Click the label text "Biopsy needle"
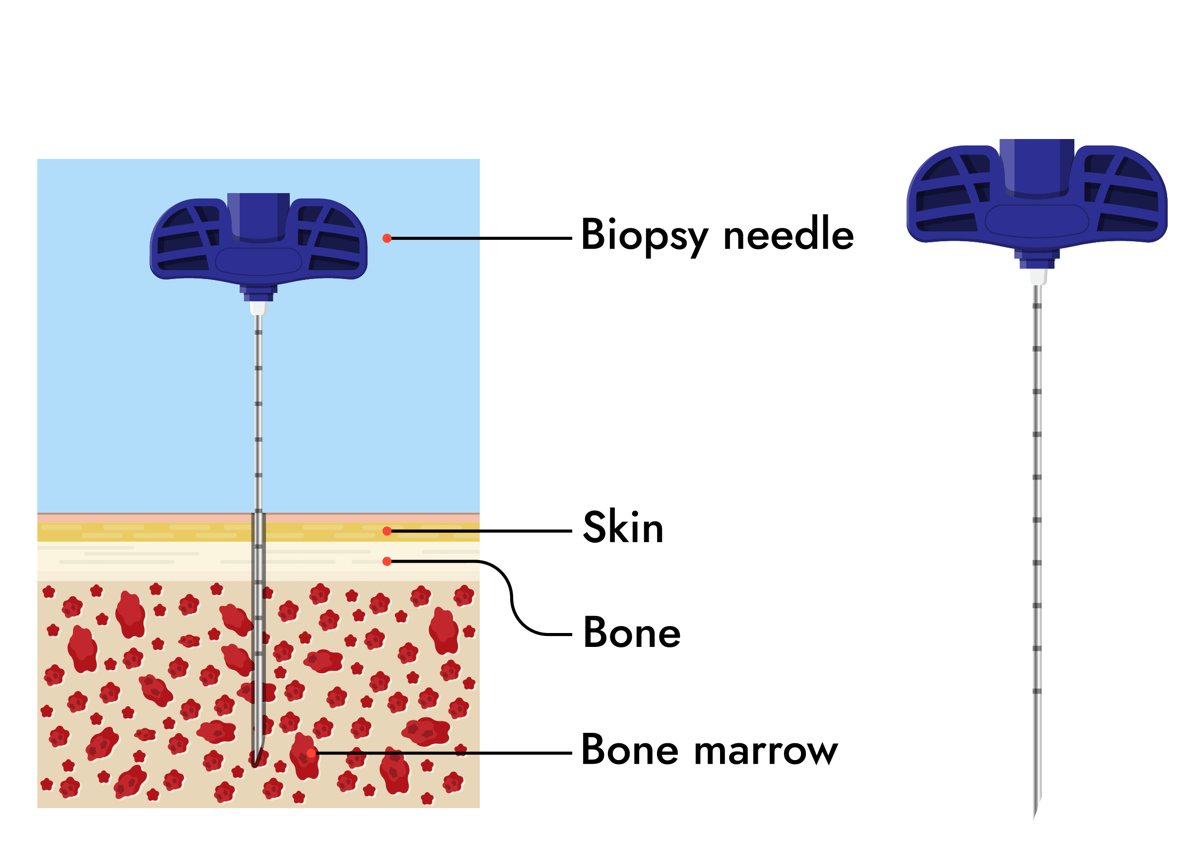pos(717,235)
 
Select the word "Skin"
pos(623,527)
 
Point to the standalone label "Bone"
pos(632,633)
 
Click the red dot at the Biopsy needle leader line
pos(387,238)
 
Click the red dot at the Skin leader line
pos(387,531)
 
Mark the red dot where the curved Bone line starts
pos(387,561)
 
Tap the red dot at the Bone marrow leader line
pos(311,753)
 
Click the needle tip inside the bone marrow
pos(255,764)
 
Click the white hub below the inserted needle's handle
pos(259,308)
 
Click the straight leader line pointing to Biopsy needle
pos(479,238)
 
